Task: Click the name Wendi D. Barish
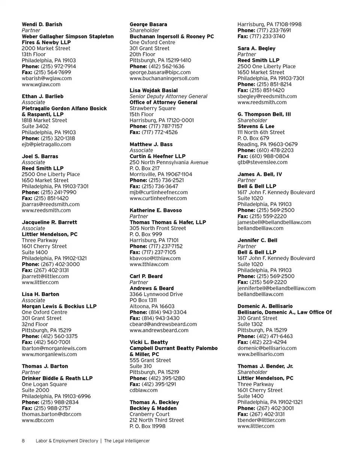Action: point(42,24)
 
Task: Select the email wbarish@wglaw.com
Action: point(46,78)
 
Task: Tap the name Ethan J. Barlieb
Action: point(42,96)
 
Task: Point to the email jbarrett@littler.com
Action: point(45,276)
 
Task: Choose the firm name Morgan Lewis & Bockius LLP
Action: point(59,306)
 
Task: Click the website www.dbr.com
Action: point(37,420)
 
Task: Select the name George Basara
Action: point(148,24)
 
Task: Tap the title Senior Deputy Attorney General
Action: point(163,96)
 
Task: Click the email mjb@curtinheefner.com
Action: point(159,192)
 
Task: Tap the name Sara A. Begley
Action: point(256,48)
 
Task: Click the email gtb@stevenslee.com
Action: point(262,162)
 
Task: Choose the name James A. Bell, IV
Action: point(260,174)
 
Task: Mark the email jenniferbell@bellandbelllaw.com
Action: point(276,288)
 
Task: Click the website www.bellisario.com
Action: point(261,354)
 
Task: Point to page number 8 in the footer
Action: point(23,441)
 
